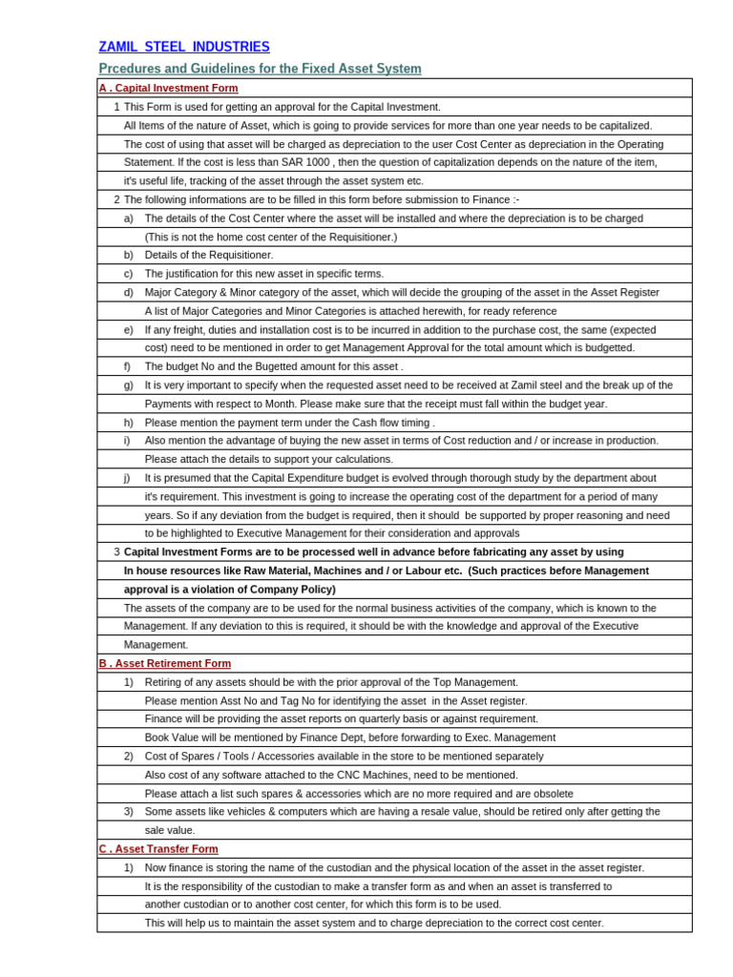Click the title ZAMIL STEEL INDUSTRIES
click(x=184, y=47)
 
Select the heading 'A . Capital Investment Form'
click(x=168, y=88)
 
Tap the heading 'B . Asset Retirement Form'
click(x=164, y=663)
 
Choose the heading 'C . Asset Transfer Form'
click(x=158, y=848)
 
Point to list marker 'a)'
click(x=128, y=218)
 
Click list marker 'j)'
click(x=128, y=478)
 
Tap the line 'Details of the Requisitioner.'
click(x=209, y=255)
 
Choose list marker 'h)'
click(x=128, y=423)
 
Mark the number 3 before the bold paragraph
click(x=116, y=551)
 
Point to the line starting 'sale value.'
click(x=170, y=830)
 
